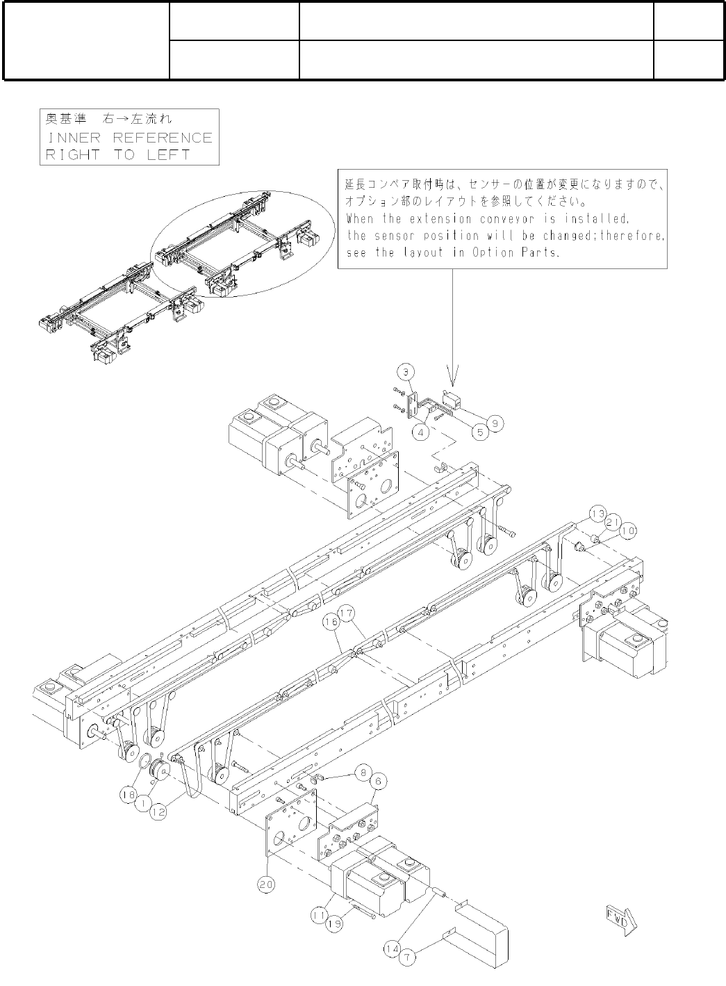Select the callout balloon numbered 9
pyautogui.click(x=495, y=422)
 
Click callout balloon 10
pyautogui.click(x=627, y=531)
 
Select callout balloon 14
pyautogui.click(x=392, y=947)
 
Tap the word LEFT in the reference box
pyautogui.click(x=168, y=154)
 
